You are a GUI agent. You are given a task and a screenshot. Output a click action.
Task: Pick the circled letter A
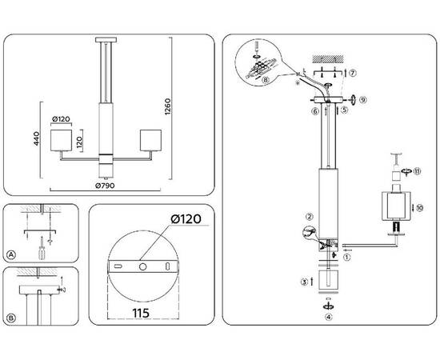click(x=11, y=255)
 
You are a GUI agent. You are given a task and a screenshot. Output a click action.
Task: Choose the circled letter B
click(x=11, y=318)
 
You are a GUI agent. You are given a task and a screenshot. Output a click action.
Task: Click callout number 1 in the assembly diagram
click(x=346, y=258)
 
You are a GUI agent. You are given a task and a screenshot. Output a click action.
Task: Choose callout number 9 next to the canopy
click(x=362, y=100)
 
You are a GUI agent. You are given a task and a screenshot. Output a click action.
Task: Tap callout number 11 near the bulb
click(x=416, y=170)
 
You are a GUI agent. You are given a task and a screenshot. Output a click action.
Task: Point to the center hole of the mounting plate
click(x=141, y=266)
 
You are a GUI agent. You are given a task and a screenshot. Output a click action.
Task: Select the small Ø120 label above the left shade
click(x=62, y=120)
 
